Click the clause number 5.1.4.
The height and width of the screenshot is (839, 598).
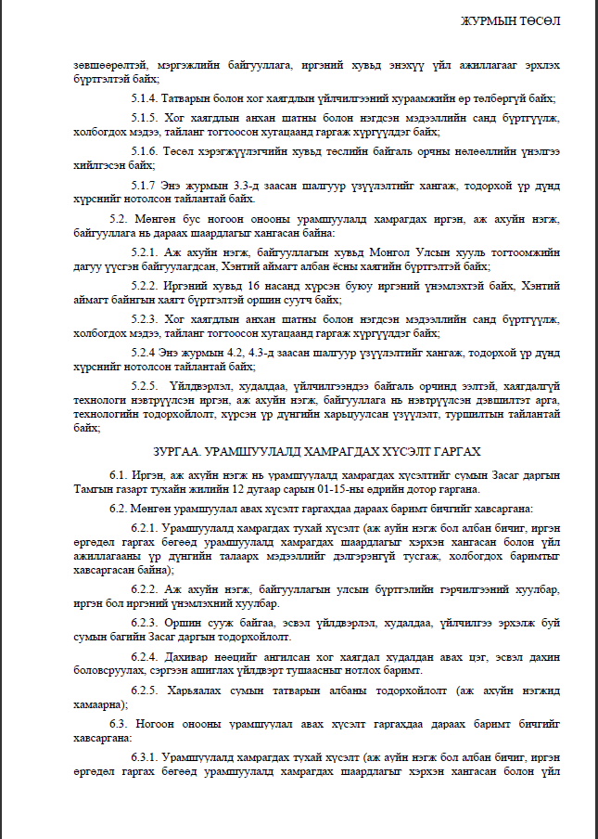click(146, 96)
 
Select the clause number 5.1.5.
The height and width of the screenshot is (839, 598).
click(146, 118)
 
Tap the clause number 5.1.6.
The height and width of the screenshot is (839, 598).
click(146, 150)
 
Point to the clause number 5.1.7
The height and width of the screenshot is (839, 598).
click(145, 184)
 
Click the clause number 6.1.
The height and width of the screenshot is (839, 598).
click(120, 473)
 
